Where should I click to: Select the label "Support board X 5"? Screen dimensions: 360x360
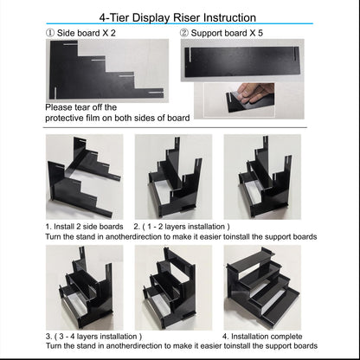(228, 34)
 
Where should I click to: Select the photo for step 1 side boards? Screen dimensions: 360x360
(85, 177)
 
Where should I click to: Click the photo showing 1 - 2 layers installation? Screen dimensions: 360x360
(175, 177)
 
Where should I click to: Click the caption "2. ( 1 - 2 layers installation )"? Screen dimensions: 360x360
(181, 226)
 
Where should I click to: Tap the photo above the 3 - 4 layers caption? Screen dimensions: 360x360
(85, 286)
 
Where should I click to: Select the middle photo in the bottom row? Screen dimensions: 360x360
(175, 286)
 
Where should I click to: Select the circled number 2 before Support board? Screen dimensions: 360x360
(184, 34)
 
